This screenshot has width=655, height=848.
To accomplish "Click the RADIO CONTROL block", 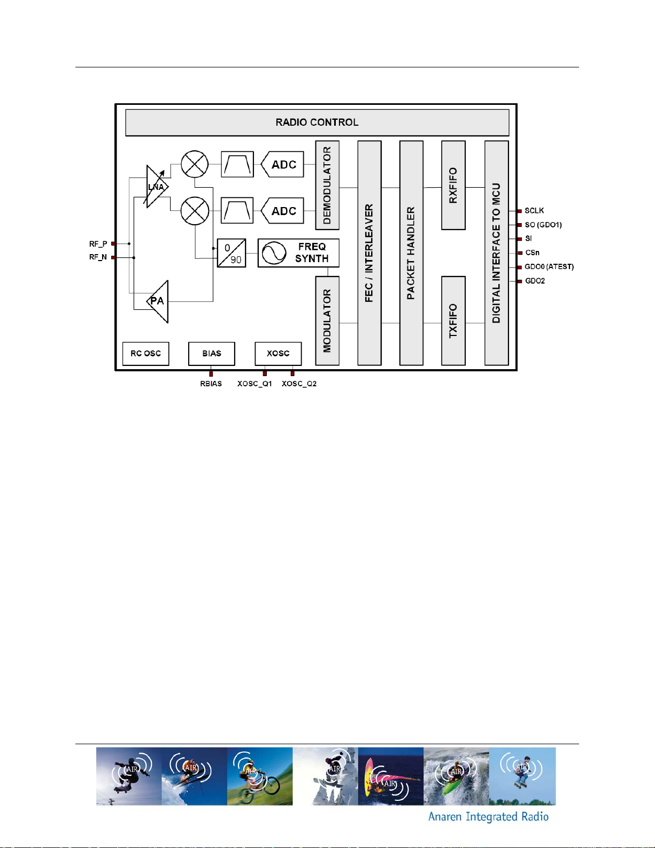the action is pos(317,123).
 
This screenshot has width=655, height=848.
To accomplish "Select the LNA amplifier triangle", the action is pos(157,187).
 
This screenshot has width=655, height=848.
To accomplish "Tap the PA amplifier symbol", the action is pos(158,301).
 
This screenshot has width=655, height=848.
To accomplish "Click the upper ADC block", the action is pos(282,164).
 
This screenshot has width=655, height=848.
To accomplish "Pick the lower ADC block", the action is pos(282,211).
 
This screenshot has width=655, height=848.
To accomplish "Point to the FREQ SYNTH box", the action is pos(298,253).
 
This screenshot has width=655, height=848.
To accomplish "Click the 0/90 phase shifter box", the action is pos(232,253).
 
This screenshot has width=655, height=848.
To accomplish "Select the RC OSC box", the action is pos(146,354).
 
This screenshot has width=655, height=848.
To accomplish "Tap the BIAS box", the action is pos(212,354).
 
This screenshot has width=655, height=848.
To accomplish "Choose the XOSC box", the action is pos(278,354).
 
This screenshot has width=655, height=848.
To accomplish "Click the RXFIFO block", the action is pos(453,185).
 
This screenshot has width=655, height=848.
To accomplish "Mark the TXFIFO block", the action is pos(453,321).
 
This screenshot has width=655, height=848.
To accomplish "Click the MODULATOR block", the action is pos(327,321).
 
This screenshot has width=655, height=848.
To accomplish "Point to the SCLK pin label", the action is pos(534,211).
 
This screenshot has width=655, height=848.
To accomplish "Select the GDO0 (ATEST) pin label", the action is pos(549,267).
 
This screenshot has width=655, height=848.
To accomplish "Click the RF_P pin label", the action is pos(98,244).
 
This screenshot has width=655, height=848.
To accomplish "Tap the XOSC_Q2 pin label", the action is pos(299,384).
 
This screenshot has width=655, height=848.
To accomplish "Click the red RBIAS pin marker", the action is pos(211,374).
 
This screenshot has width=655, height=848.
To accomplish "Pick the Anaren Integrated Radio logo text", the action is pos(488,816).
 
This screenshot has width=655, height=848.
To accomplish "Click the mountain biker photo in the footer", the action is pos(260,776).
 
